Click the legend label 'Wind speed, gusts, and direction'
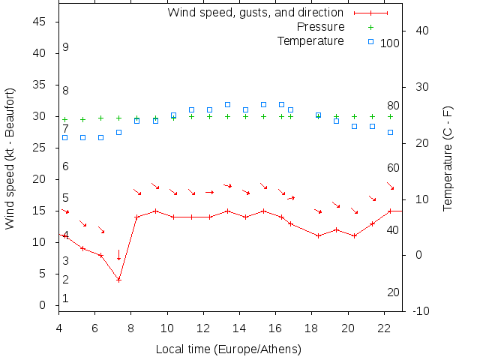[x=255, y=12]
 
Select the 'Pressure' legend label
[x=310, y=26]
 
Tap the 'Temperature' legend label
[x=310, y=40]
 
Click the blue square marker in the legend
[x=370, y=41]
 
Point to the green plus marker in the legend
[x=370, y=27]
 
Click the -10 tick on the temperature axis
[x=422, y=310]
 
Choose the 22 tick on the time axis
[x=384, y=328]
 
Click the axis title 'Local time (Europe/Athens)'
[x=228, y=349]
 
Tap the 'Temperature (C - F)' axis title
[x=448, y=157]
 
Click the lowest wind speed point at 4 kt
[x=118, y=280]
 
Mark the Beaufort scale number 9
[x=66, y=47]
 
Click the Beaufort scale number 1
[x=66, y=298]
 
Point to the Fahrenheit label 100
[x=390, y=43]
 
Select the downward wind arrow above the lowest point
[x=118, y=255]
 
